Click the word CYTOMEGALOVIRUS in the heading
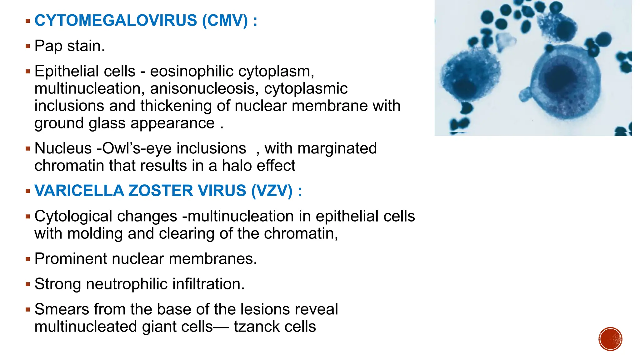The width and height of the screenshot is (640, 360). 116,21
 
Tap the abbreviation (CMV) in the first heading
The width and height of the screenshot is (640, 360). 225,21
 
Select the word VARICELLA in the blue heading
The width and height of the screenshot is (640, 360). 79,191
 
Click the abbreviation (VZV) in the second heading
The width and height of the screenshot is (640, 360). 272,191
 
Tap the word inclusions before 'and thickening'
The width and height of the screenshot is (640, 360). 69,106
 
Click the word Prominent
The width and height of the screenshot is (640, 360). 71,259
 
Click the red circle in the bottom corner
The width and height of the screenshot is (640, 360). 610,339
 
